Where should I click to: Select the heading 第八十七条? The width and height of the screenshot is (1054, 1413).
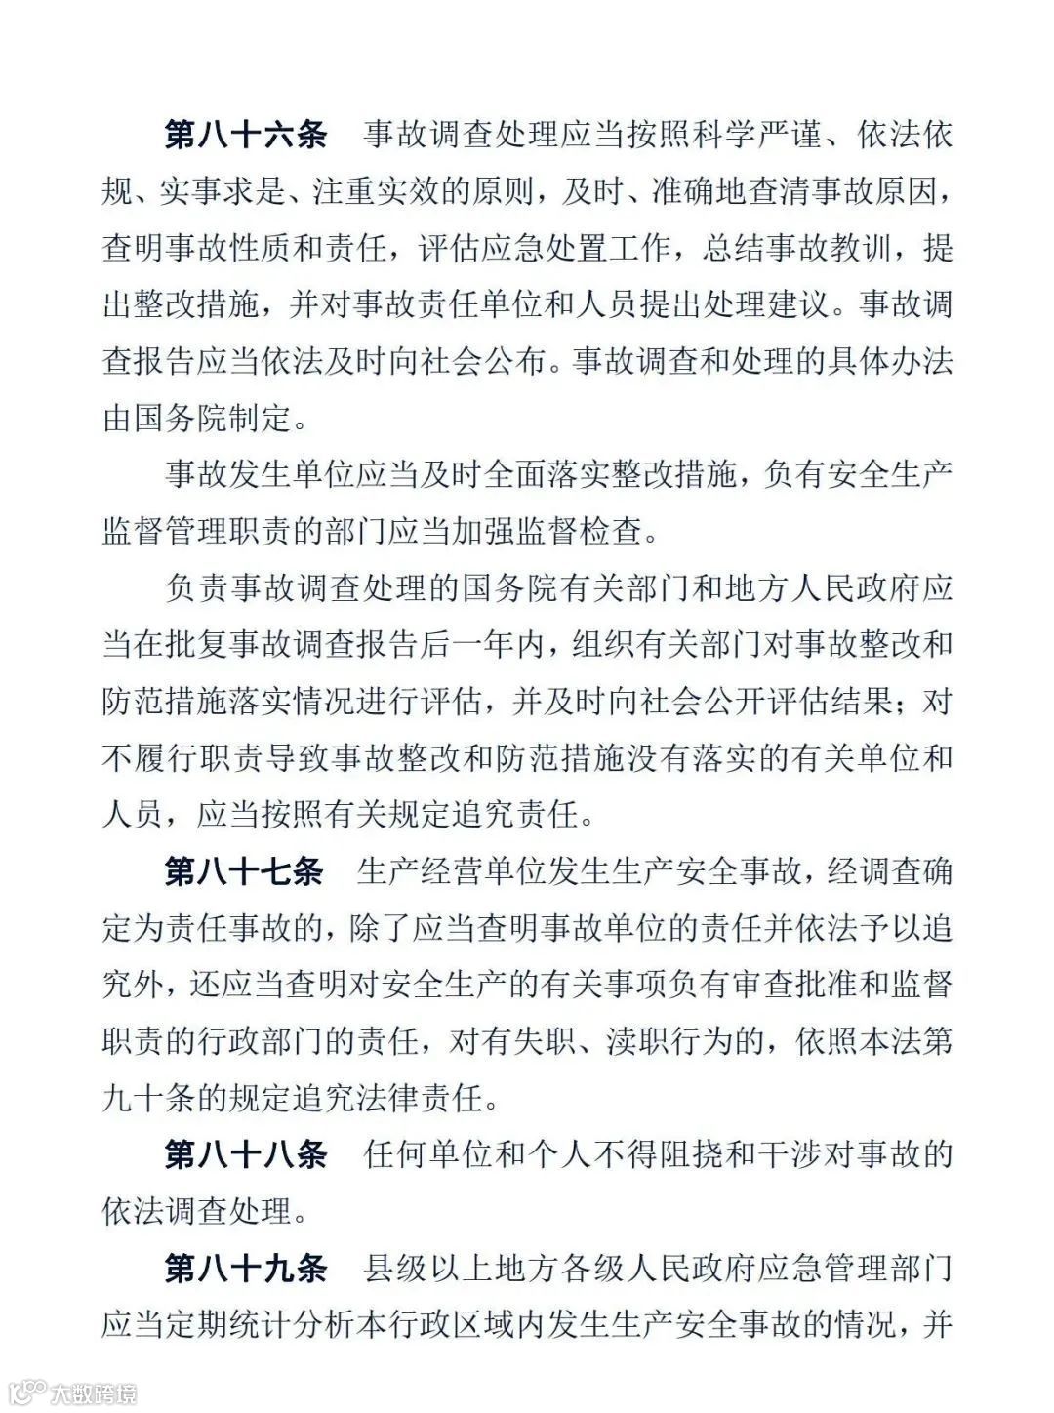coord(244,871)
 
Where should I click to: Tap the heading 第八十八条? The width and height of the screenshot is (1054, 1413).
coord(245,1155)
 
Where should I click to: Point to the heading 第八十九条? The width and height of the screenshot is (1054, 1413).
coord(245,1269)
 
